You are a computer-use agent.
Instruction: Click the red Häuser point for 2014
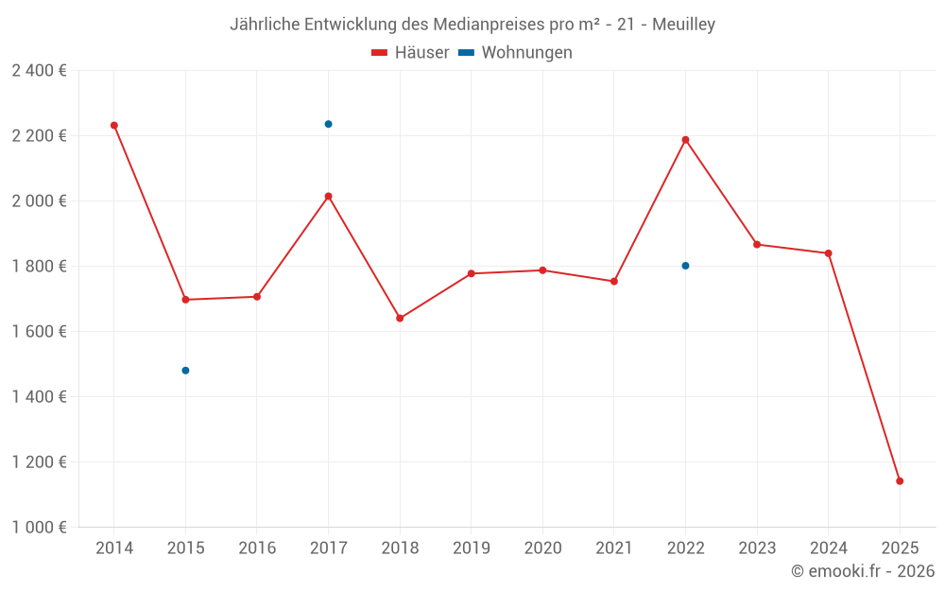click(x=114, y=125)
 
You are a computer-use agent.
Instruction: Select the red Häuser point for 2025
click(x=900, y=481)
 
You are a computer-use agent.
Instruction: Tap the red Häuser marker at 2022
click(x=685, y=140)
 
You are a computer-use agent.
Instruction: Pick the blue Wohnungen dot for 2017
click(x=328, y=124)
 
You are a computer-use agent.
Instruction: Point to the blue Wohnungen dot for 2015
click(x=185, y=371)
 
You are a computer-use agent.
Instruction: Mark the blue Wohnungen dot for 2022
click(x=685, y=266)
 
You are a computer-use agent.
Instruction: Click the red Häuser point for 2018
click(x=400, y=318)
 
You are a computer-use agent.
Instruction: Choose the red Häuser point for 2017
click(x=328, y=196)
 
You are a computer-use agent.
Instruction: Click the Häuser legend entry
click(x=410, y=53)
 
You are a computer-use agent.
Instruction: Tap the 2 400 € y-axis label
click(x=39, y=71)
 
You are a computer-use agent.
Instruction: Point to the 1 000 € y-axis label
click(x=39, y=528)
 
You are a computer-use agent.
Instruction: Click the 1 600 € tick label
click(x=39, y=332)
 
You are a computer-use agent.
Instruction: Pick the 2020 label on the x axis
click(x=542, y=548)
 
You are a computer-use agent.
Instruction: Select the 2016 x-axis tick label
click(x=257, y=548)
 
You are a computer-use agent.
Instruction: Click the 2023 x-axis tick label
click(x=757, y=548)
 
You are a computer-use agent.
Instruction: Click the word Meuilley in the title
click(x=683, y=24)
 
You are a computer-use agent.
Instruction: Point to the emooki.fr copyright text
click(x=863, y=571)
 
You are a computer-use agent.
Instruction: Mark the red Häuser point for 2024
click(x=828, y=253)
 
